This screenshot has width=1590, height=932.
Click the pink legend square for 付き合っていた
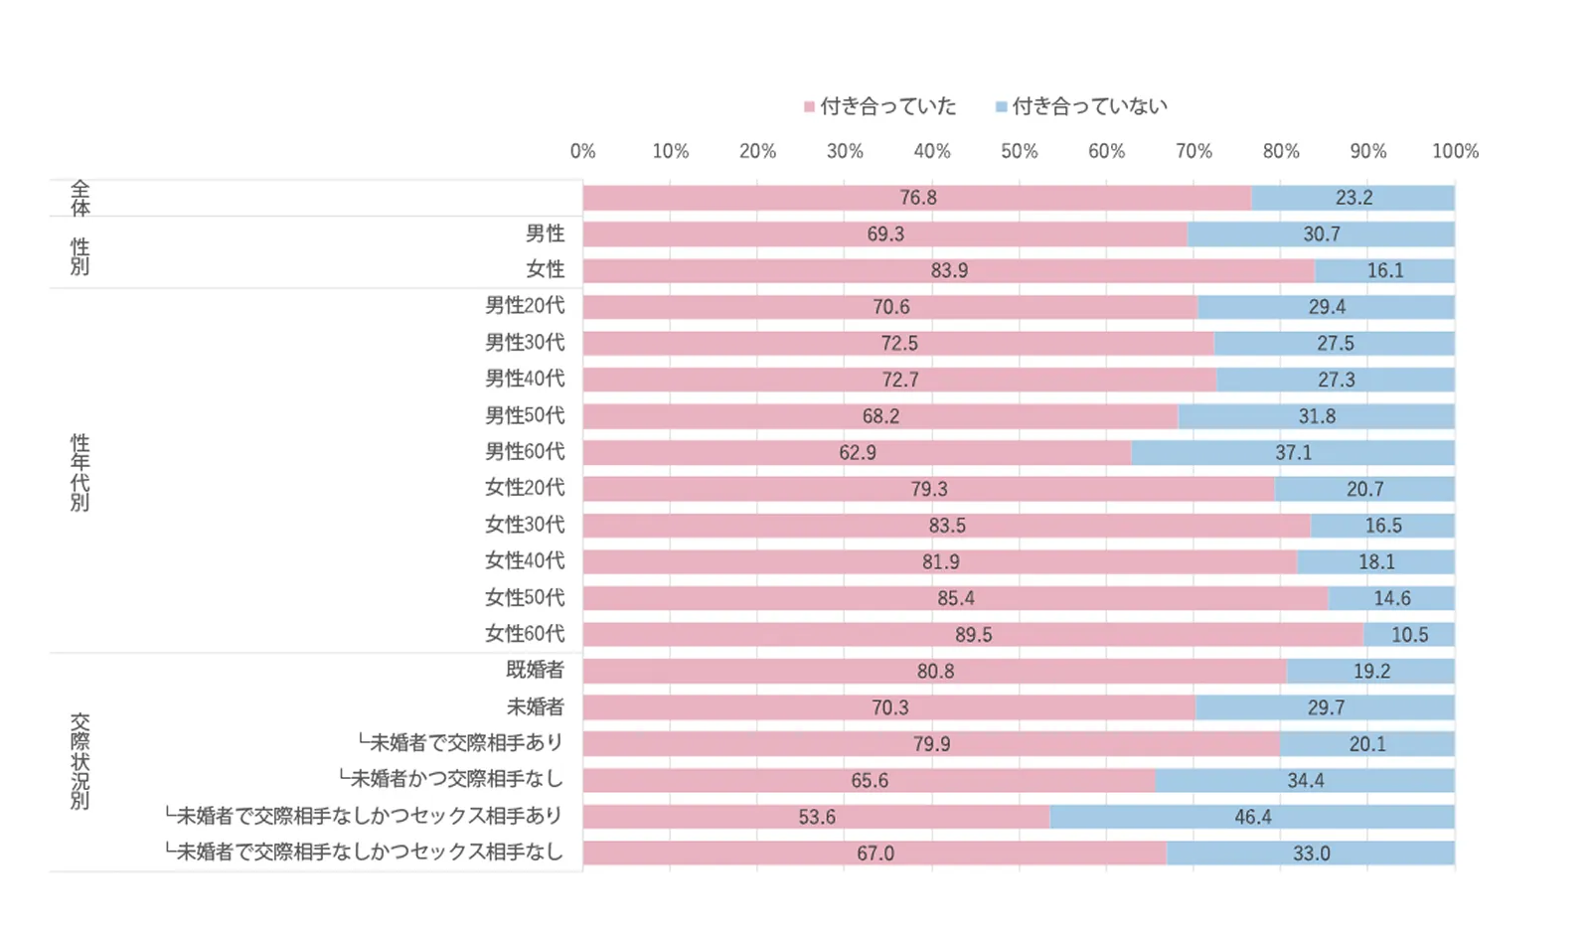[810, 106]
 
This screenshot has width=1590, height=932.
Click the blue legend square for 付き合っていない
[1002, 106]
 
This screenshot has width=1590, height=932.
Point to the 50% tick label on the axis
[1019, 151]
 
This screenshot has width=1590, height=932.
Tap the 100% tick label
[1455, 151]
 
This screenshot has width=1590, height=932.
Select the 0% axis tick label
[583, 151]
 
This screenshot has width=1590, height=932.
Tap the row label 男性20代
[525, 306]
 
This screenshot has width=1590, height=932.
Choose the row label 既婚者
[535, 670]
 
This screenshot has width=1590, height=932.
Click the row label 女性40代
[525, 560]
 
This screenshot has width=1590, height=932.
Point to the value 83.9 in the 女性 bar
[949, 270]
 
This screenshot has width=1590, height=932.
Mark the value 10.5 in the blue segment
[1409, 635]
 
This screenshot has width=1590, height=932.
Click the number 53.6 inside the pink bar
[817, 817]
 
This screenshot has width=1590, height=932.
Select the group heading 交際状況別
[79, 761]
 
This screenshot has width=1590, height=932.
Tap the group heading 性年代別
[79, 472]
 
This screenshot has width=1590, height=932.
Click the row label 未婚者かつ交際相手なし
[451, 779]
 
